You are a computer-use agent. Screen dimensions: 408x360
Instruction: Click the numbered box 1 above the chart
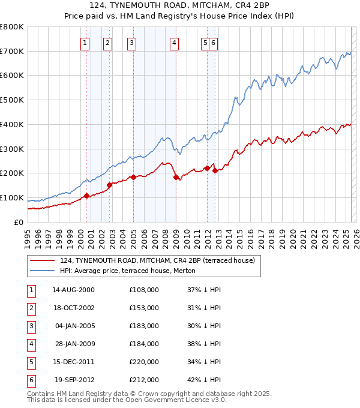pyautogui.click(x=85, y=43)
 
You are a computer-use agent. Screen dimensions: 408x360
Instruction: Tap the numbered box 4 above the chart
pyautogui.click(x=173, y=43)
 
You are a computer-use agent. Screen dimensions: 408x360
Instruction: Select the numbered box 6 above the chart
pyautogui.click(x=213, y=43)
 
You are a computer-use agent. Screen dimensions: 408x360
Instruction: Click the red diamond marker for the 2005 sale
pyautogui.click(x=133, y=177)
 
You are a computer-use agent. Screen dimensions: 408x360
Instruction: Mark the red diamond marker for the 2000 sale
pyautogui.click(x=86, y=196)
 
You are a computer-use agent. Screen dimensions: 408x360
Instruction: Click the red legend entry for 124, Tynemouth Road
pyautogui.click(x=157, y=260)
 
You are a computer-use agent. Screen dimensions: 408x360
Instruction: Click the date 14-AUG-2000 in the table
pyautogui.click(x=73, y=289)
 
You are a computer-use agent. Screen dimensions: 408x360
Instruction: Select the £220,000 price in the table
pyautogui.click(x=144, y=362)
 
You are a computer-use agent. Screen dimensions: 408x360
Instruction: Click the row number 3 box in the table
pyautogui.click(x=30, y=326)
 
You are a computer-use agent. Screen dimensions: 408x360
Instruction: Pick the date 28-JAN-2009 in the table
pyautogui.click(x=74, y=344)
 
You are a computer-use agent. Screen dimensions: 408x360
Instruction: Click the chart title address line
pyautogui.click(x=180, y=5)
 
